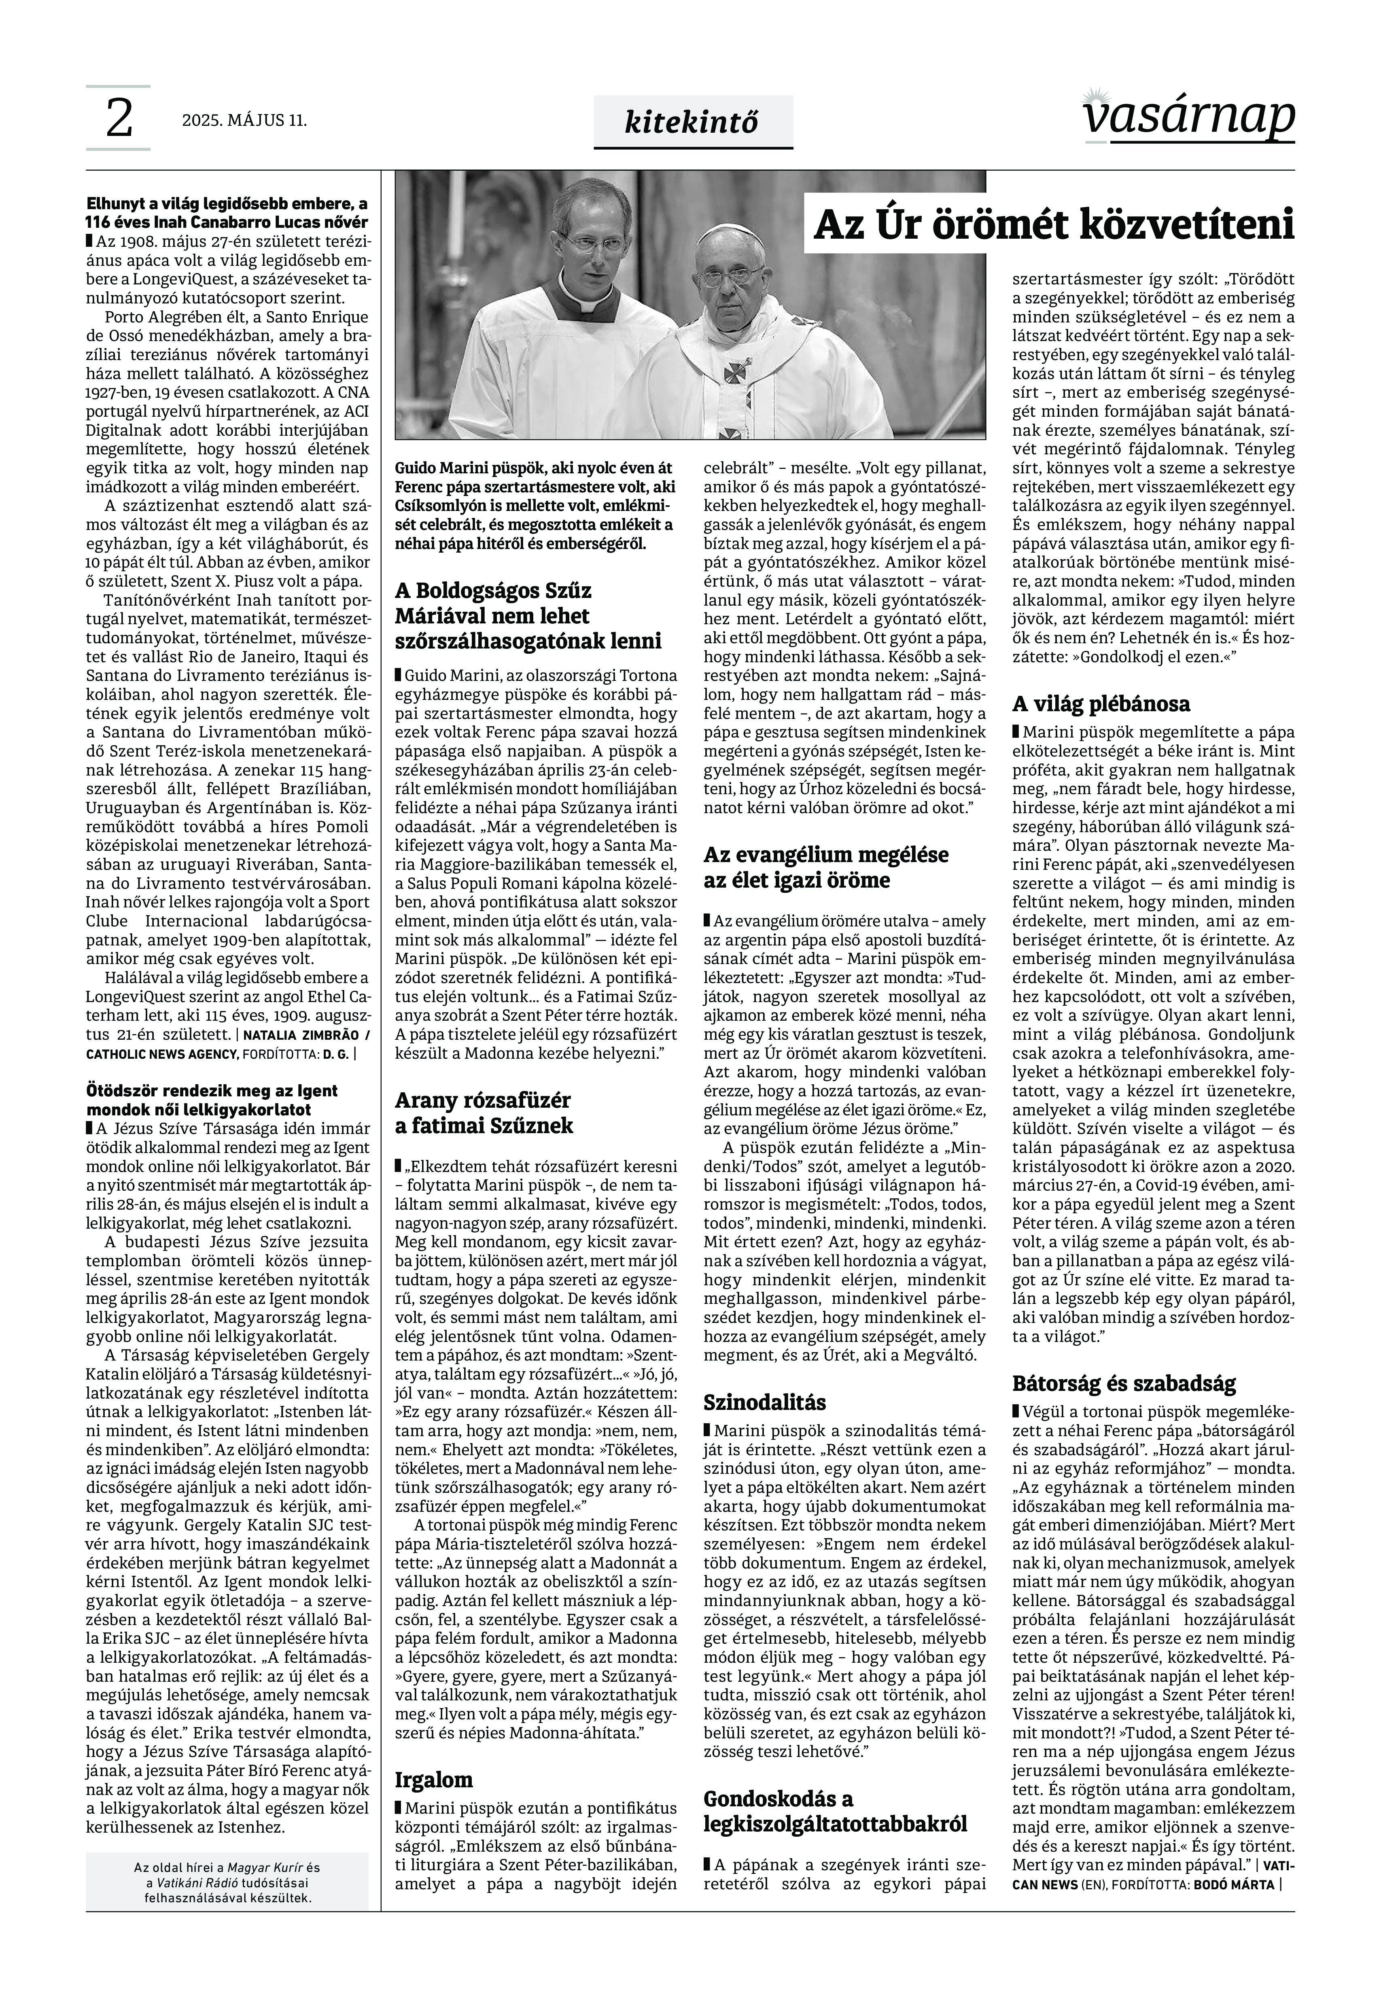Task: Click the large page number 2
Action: pyautogui.click(x=119, y=119)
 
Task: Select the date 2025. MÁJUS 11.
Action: pyautogui.click(x=244, y=120)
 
